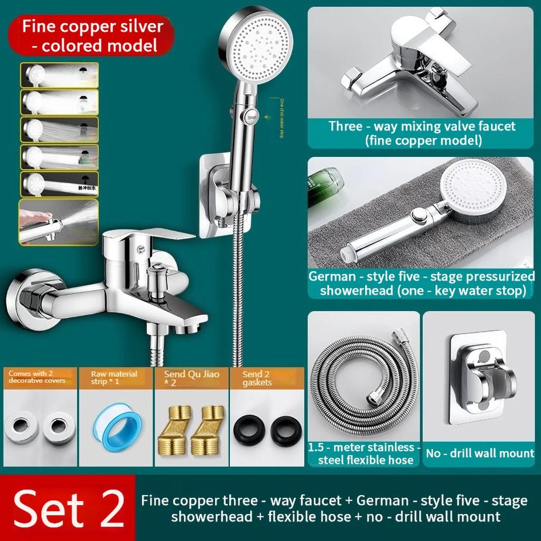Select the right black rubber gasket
point(286,431)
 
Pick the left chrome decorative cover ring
point(21,427)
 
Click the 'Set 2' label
point(69,509)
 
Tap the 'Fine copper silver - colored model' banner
point(92,36)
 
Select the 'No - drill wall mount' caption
point(480,453)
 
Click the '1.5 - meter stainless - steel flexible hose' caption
point(365,454)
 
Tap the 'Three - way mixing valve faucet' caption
point(422,133)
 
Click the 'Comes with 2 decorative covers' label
point(38,377)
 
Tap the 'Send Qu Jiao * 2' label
point(191,377)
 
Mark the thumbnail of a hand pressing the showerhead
point(59,222)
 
